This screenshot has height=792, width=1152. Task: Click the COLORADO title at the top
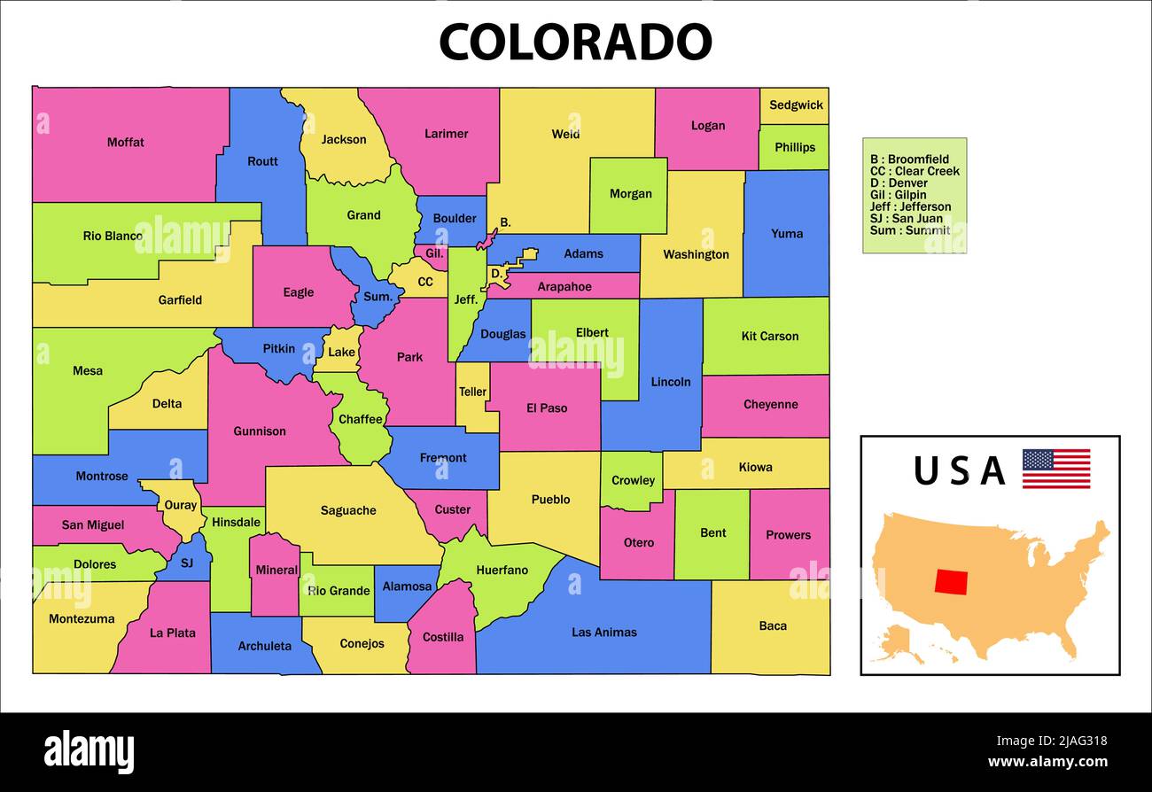[575, 42]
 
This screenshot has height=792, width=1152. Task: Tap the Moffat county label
[125, 142]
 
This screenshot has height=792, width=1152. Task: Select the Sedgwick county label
[795, 105]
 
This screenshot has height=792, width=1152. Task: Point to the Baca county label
[772, 625]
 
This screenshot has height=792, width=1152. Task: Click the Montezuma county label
[82, 618]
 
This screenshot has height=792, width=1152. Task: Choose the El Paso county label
[546, 408]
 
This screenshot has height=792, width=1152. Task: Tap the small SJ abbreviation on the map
[186, 563]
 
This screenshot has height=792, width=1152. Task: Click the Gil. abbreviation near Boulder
[434, 252]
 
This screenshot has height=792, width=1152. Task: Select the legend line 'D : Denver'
[899, 182]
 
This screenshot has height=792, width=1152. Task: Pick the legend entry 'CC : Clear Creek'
[915, 171]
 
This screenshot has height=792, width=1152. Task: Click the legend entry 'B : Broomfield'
[909, 159]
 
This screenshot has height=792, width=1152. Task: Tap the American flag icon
[1055, 469]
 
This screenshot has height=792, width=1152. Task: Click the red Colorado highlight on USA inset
[951, 581]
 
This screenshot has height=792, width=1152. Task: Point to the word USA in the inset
[959, 470]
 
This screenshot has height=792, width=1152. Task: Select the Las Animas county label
[603, 632]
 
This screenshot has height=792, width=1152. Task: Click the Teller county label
[472, 392]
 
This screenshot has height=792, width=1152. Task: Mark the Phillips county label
[794, 147]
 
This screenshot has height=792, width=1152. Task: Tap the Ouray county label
[181, 505]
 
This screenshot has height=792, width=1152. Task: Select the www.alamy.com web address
[1047, 762]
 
